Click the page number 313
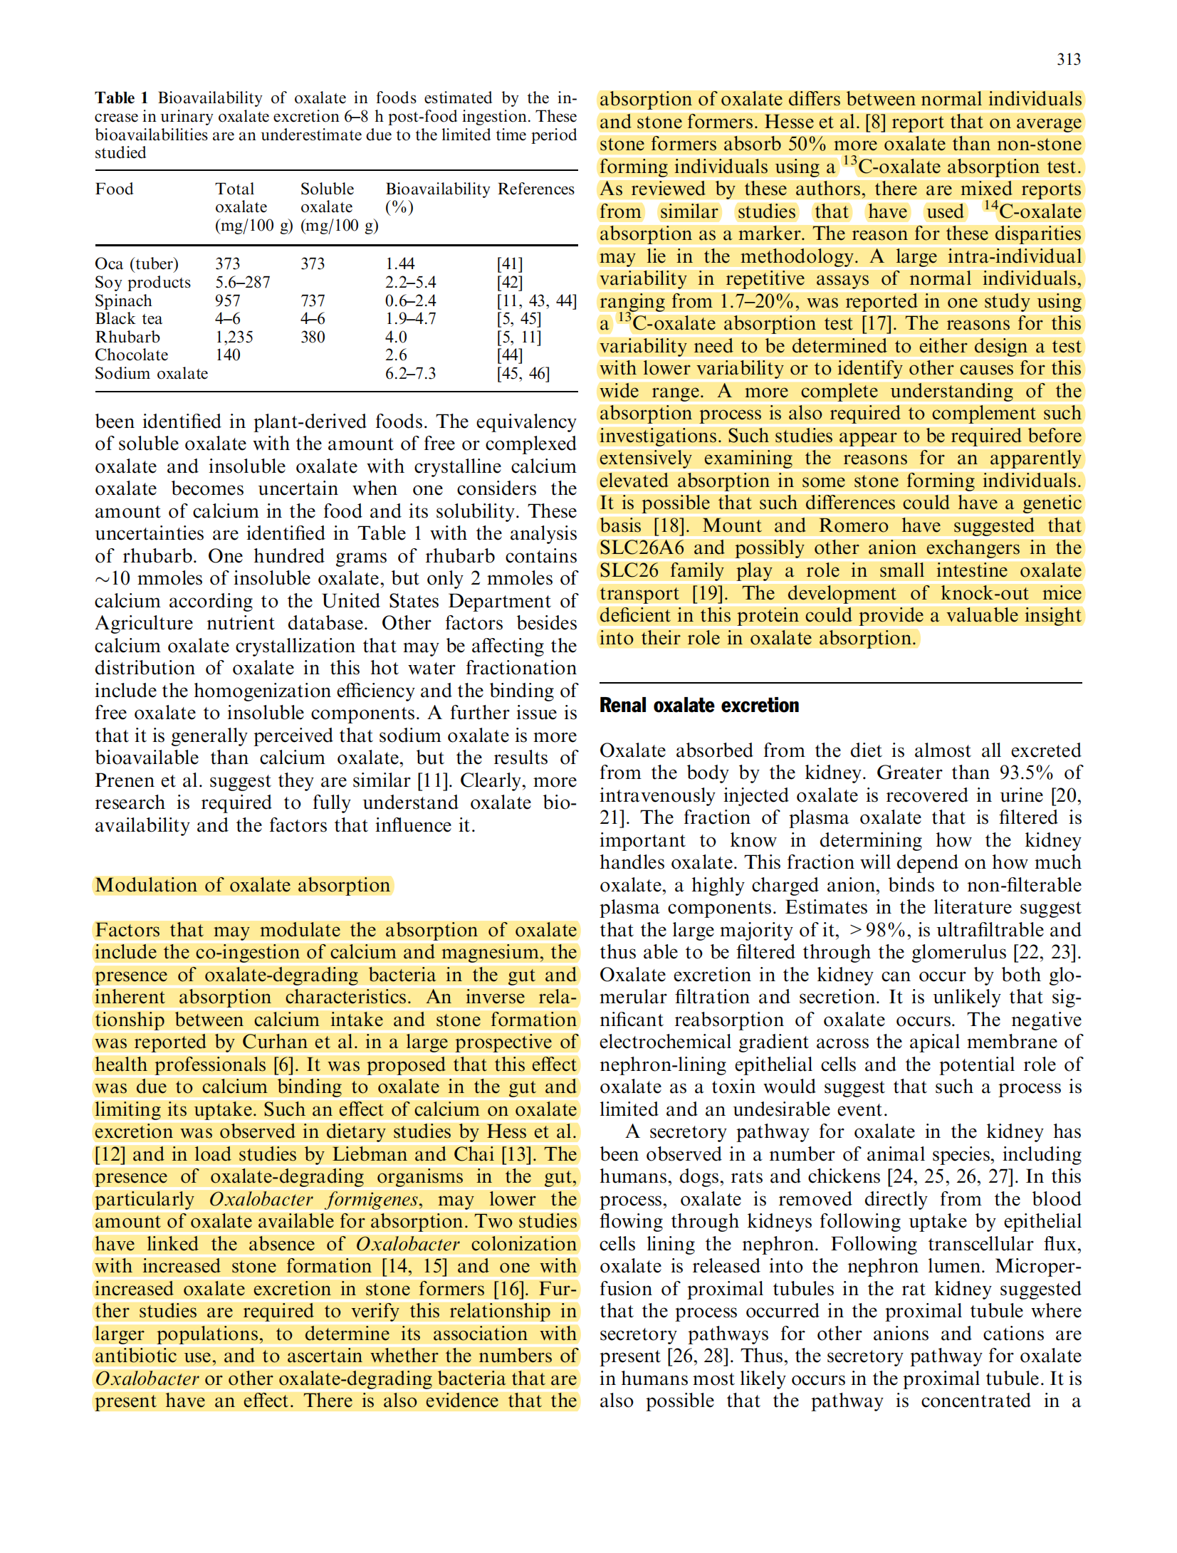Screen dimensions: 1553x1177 point(1068,60)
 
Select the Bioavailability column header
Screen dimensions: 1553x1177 point(437,189)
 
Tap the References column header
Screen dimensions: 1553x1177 point(535,189)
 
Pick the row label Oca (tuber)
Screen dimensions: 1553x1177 point(137,264)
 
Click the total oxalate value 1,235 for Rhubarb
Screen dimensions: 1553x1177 point(234,338)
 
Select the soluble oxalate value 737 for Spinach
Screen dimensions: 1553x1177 point(313,301)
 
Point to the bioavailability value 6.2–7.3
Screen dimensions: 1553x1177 point(410,374)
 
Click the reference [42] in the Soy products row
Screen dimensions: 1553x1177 point(510,283)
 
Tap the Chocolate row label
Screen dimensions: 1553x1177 point(132,355)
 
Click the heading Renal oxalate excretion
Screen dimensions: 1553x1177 point(699,706)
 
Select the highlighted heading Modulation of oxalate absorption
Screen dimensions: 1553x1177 point(243,885)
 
